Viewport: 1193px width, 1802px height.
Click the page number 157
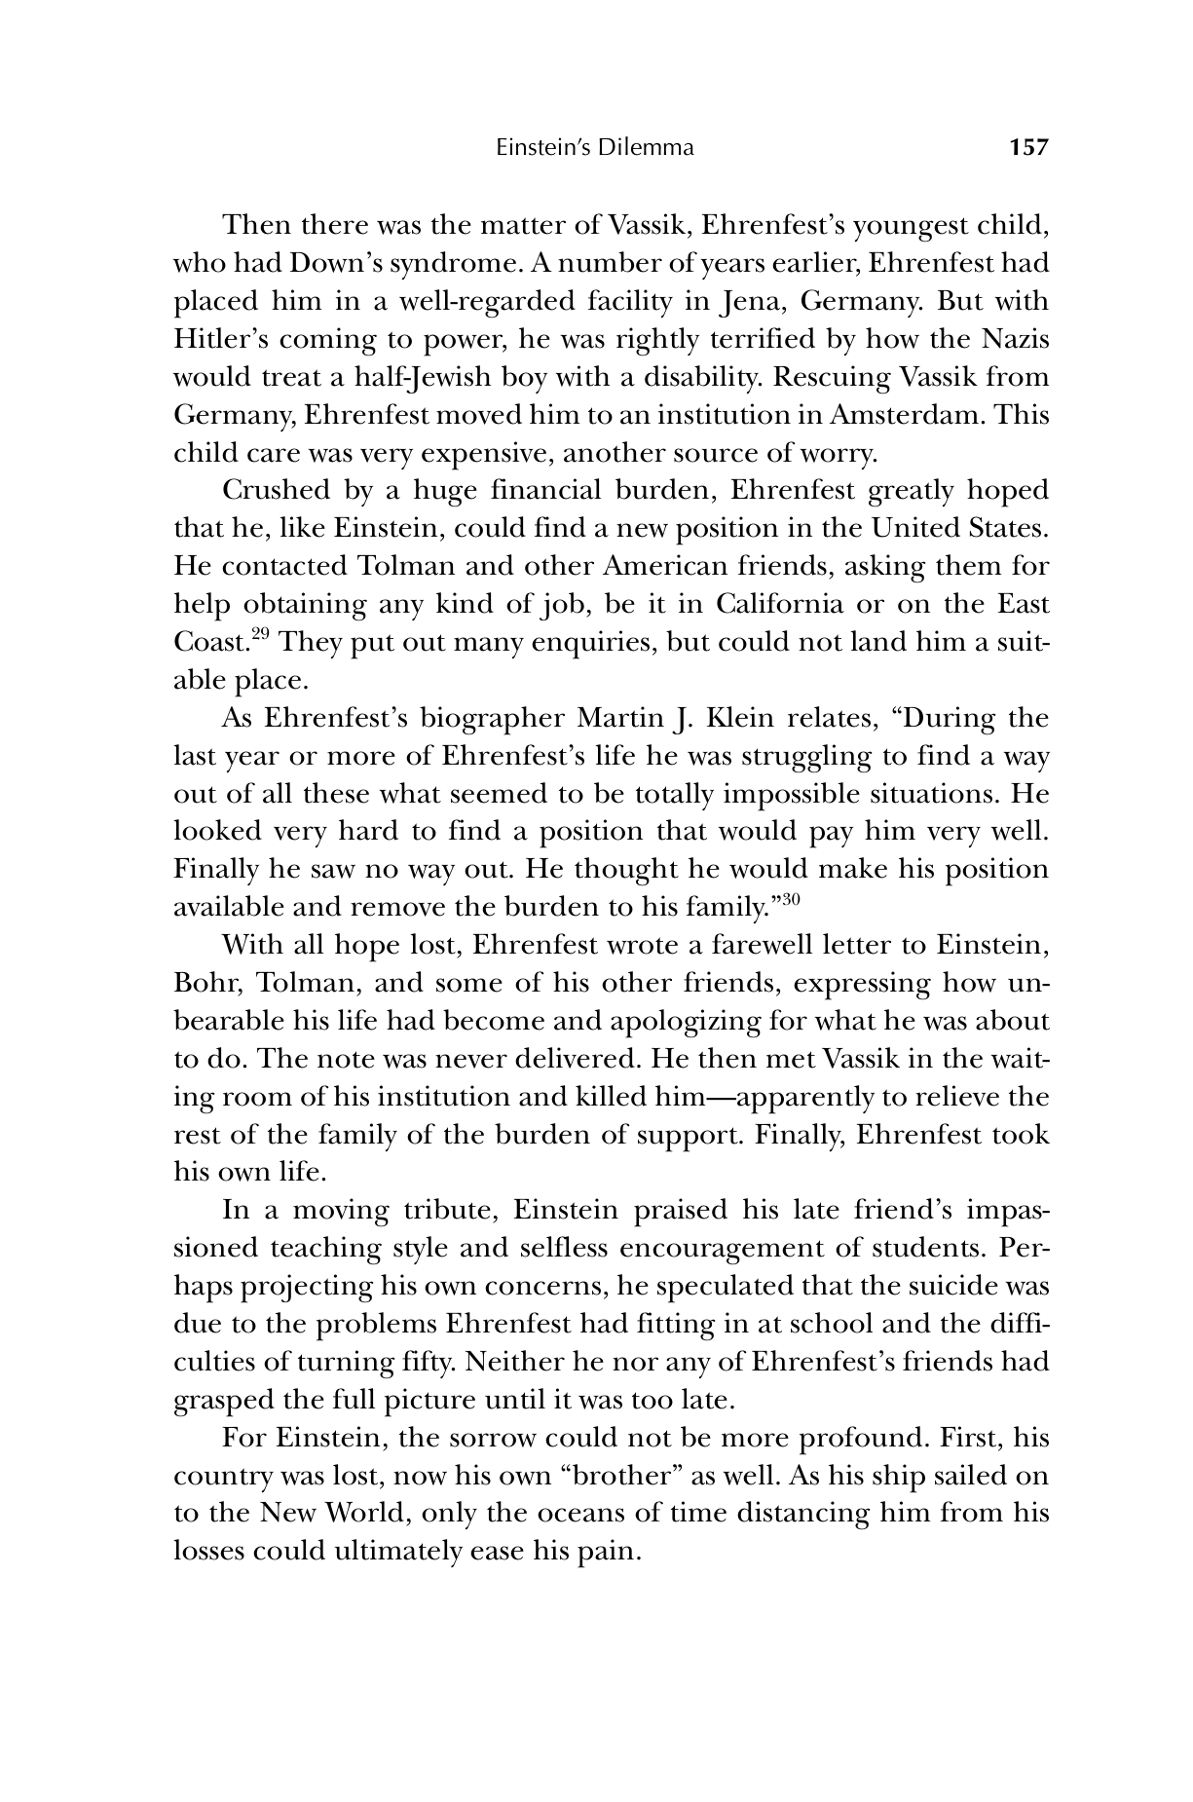(1028, 148)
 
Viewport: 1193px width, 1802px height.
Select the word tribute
(447, 1211)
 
